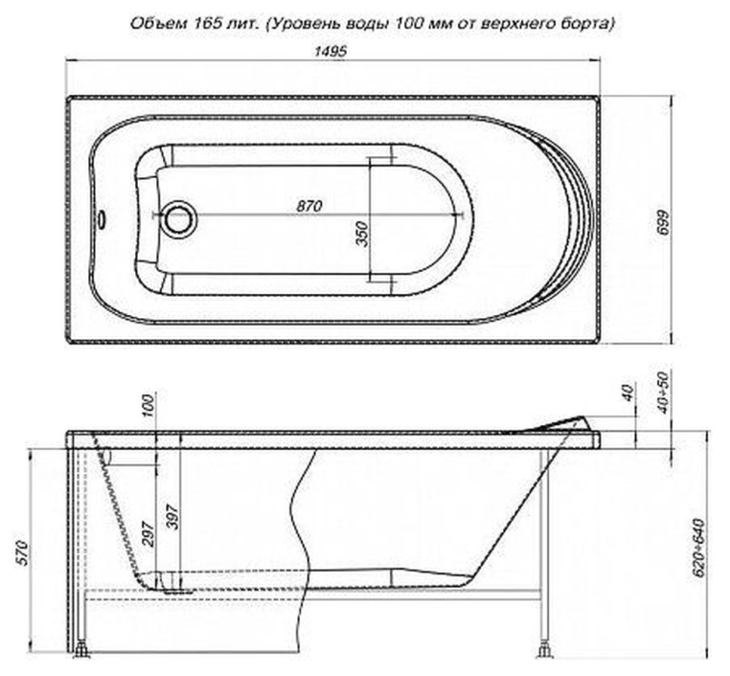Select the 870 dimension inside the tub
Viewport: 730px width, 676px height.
tap(308, 206)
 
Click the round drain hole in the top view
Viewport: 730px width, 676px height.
tap(178, 217)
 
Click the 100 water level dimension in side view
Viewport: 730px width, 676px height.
tap(147, 406)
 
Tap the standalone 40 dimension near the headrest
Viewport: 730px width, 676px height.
tap(628, 394)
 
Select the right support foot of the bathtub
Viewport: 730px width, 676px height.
tap(545, 651)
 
